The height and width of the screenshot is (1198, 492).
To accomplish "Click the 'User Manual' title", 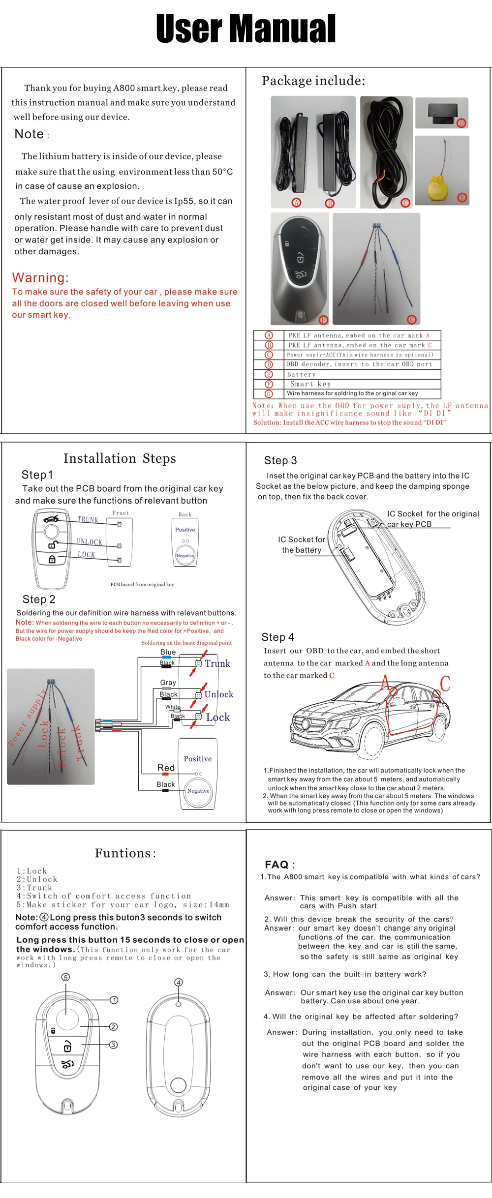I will pos(246,29).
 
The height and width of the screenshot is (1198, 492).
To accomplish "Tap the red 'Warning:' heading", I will pos(40,277).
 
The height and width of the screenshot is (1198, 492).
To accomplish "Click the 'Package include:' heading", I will pos(313,81).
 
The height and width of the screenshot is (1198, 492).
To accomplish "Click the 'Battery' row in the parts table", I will pos(301,374).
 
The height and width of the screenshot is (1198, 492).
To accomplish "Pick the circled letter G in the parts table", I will pos(269,393).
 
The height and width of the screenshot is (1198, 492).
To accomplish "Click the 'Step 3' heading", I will pos(280,460).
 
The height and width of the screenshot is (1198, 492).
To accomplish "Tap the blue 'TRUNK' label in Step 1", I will pos(88,519).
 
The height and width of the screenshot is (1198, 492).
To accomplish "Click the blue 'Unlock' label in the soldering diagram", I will pos(219,694).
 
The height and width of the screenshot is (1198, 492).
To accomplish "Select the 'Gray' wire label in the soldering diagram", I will pos(168,683).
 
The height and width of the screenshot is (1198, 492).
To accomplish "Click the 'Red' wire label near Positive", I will pos(166,768).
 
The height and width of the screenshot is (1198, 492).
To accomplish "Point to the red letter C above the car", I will pos(445,684).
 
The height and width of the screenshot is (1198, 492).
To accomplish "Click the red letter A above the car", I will pos(385,683).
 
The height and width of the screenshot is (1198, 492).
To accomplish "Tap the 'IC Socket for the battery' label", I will pos(301,545).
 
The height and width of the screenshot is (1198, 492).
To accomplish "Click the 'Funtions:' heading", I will pos(125,853).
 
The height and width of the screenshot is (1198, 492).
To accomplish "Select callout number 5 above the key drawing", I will pos(65,977).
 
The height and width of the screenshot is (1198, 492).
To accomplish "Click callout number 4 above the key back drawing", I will pos(179,982).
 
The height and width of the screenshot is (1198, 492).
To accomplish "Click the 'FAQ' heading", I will pos(277,865).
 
